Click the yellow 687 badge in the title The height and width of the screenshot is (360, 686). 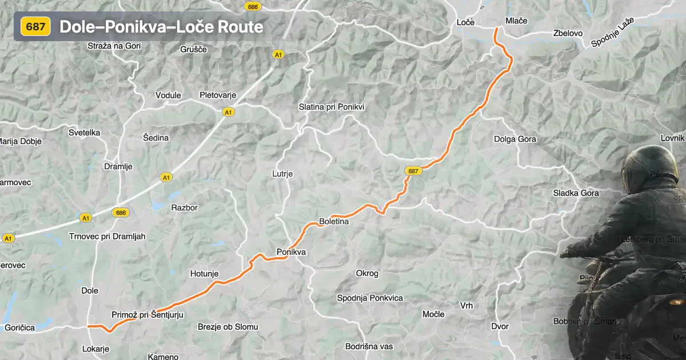pos(36,26)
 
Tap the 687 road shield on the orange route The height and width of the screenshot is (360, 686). pos(413,171)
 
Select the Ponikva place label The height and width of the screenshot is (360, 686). pos(291,251)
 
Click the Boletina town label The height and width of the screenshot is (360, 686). pos(334,221)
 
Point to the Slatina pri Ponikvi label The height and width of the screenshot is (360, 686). pos(332,107)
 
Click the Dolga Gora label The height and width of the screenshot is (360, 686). pos(515,139)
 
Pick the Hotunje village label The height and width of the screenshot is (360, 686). pos(204,274)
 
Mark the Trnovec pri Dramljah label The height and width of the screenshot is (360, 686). pos(107,236)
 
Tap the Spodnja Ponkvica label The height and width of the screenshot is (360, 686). pos(370,298)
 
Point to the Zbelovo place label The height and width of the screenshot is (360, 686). pos(568,33)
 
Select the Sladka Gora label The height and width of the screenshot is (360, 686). pos(576,193)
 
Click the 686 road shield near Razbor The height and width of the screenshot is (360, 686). pos(121,213)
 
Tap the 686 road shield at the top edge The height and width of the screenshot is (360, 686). pos(252,6)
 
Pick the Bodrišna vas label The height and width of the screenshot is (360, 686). pos(369,346)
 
